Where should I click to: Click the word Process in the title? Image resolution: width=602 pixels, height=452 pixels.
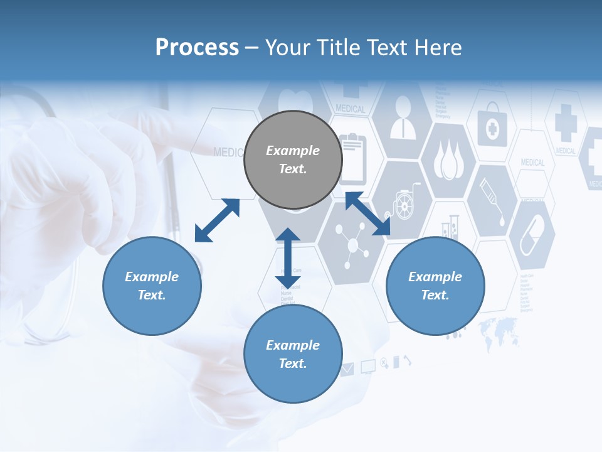[x=197, y=48]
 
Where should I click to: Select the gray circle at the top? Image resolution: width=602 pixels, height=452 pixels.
[x=293, y=159]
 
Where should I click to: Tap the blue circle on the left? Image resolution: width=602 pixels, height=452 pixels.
[x=152, y=286]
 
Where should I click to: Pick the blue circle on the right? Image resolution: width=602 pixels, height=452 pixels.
[x=435, y=286]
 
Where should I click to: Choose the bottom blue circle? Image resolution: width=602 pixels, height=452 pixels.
[x=293, y=354]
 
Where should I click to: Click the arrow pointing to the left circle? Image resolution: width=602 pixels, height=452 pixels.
[x=217, y=220]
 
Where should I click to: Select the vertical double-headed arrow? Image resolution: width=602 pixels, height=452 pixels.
[x=288, y=257]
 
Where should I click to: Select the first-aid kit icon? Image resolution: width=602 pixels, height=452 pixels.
[x=492, y=129]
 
